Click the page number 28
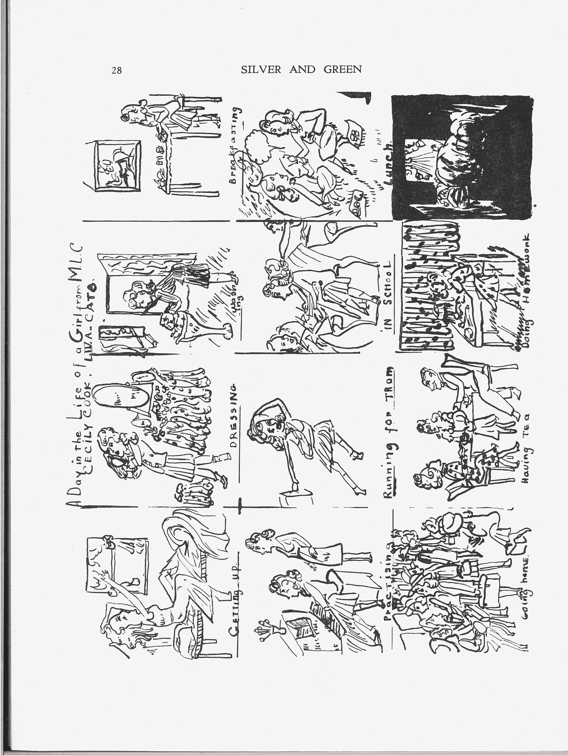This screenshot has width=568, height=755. (116, 71)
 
